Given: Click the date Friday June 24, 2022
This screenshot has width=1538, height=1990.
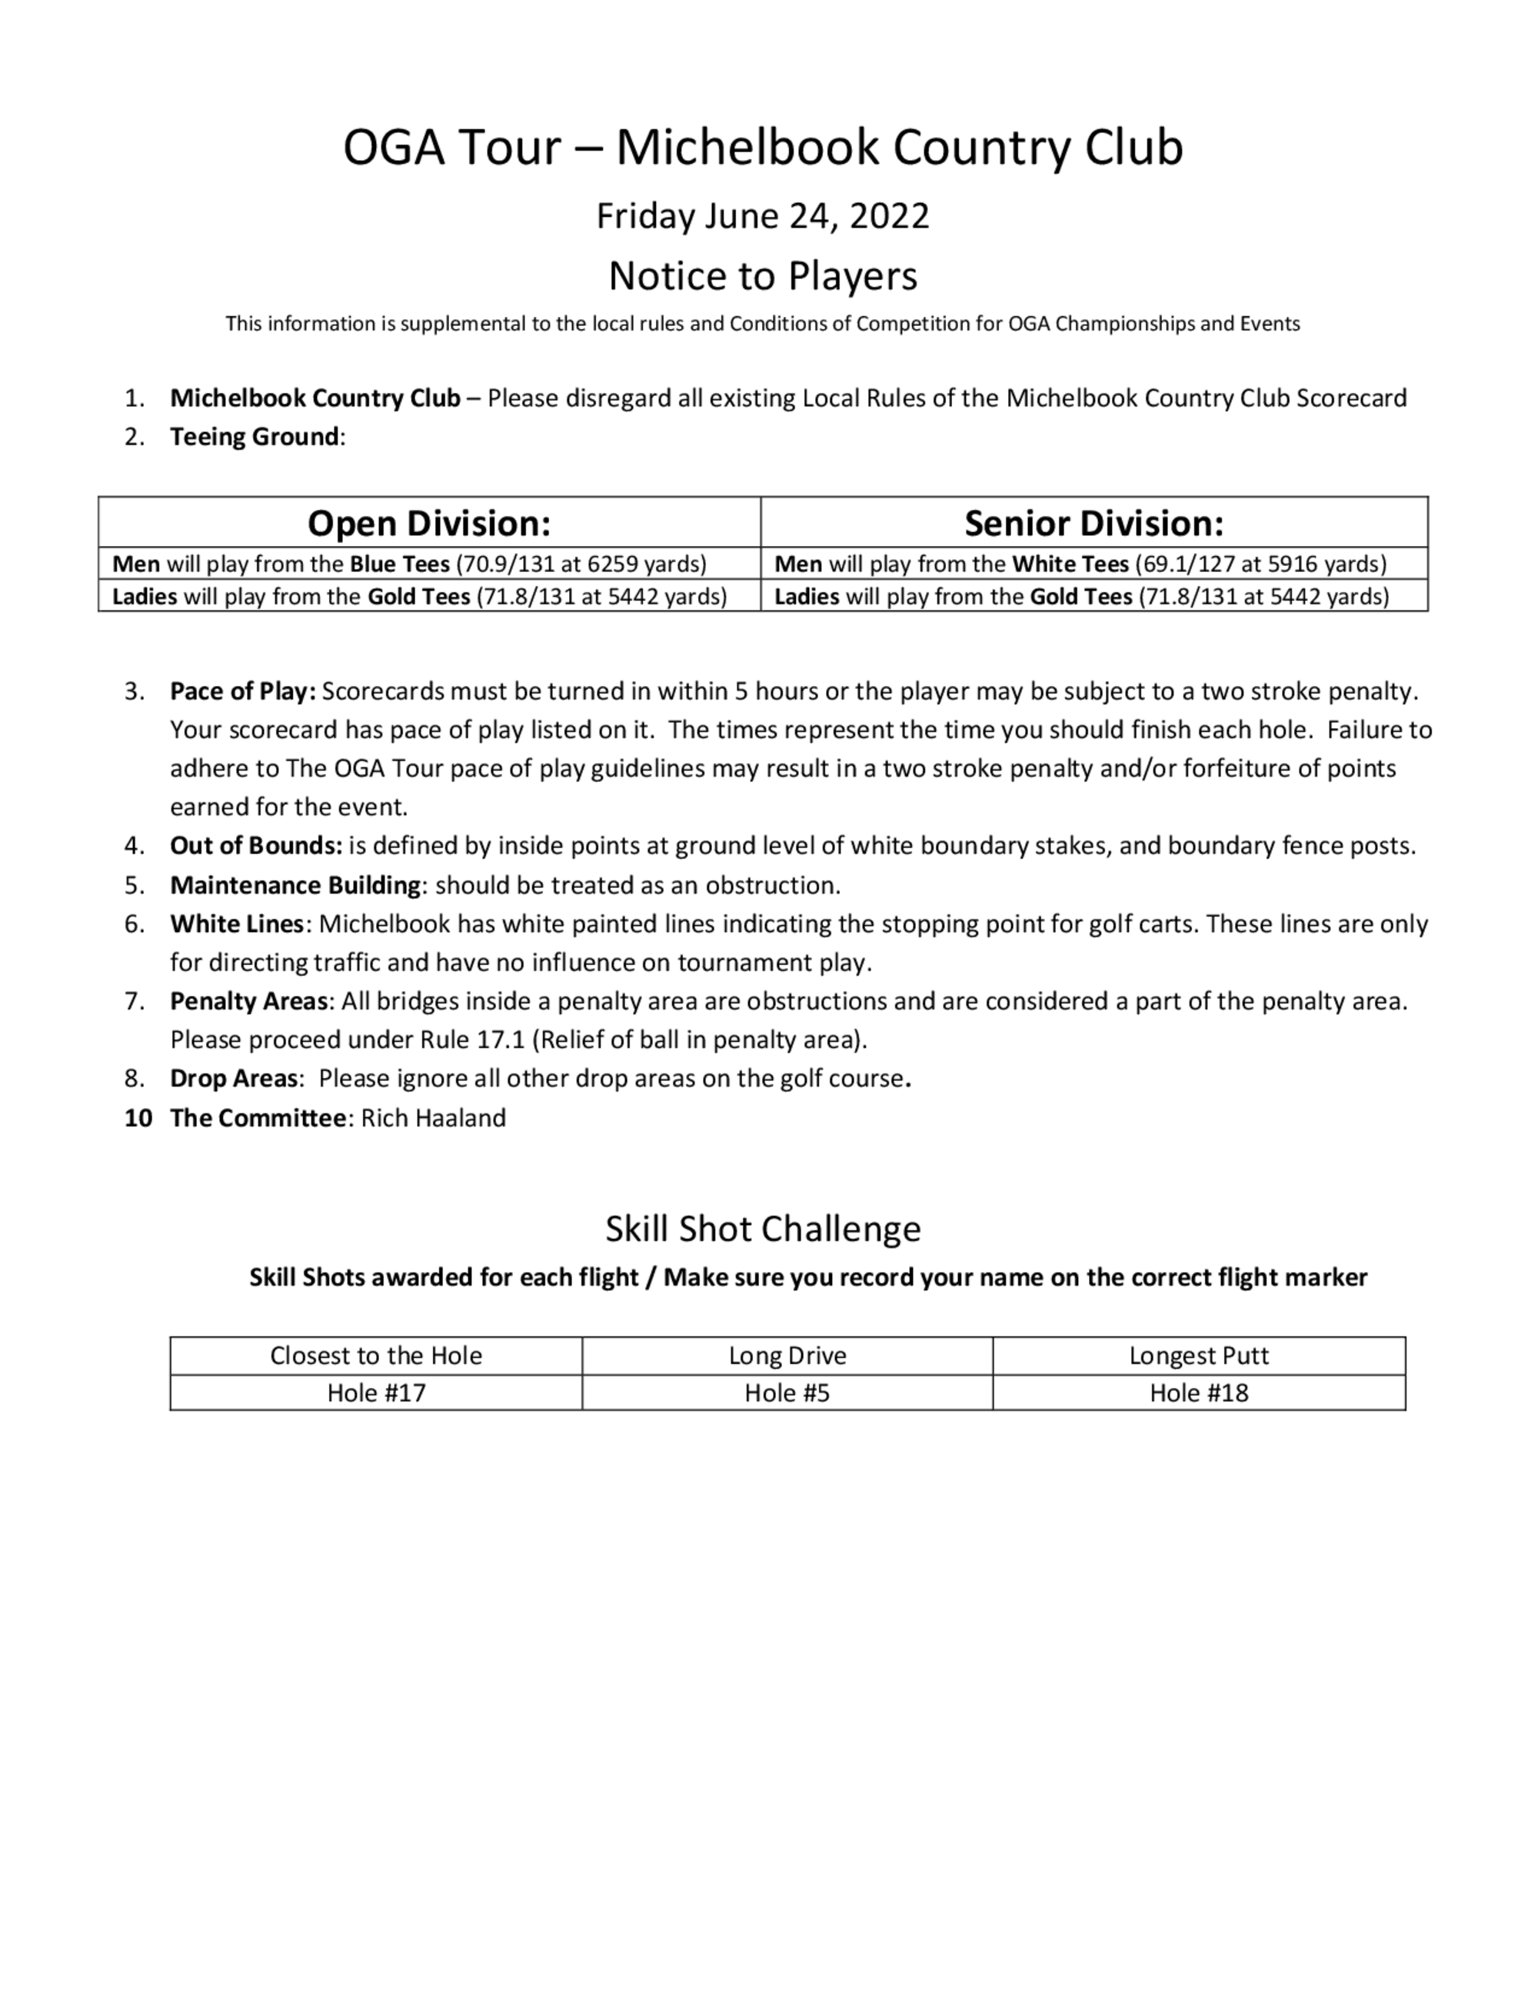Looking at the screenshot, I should click(763, 216).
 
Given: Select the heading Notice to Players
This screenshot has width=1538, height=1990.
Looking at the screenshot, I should click(763, 275).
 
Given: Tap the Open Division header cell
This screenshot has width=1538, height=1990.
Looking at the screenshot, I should click(429, 523).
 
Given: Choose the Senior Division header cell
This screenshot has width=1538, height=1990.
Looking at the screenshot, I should click(1094, 523).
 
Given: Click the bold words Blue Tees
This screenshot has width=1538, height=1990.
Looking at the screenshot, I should click(399, 564).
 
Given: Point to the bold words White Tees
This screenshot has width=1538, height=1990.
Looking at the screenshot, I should click(1070, 564).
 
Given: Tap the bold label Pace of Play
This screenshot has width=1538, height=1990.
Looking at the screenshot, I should click(242, 691).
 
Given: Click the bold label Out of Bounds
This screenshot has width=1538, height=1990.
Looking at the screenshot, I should click(256, 846).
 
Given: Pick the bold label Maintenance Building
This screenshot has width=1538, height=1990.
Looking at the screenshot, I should click(295, 886).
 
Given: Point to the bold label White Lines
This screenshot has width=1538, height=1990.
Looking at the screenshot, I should click(236, 924).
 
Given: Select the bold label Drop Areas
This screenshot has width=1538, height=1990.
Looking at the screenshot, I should click(233, 1079).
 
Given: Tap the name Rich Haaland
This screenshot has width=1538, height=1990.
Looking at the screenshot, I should click(433, 1118).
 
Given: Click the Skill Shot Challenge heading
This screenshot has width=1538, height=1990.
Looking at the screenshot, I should click(763, 1228).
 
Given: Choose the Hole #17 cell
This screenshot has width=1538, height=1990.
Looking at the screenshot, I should click(376, 1393).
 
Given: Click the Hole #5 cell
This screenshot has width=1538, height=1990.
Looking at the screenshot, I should click(787, 1393).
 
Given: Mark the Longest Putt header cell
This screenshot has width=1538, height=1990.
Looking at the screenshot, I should click(1198, 1356).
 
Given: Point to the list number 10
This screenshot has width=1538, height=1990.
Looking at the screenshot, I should click(138, 1118).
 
